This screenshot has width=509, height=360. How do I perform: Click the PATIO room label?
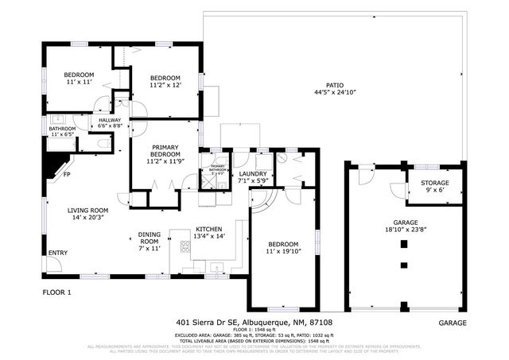point(334,88)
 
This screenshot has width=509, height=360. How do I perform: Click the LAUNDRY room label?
point(254,176)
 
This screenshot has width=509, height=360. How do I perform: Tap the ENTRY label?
point(58,254)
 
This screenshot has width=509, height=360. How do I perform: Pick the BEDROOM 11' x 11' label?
point(79,78)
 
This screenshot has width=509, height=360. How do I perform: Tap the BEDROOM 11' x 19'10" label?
point(282,248)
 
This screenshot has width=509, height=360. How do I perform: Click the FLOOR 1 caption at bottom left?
point(56,292)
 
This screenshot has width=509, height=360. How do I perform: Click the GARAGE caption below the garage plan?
point(453,323)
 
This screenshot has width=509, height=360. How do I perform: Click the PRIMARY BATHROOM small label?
point(217,168)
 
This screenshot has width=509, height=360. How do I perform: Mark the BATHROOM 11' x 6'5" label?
point(62,132)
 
